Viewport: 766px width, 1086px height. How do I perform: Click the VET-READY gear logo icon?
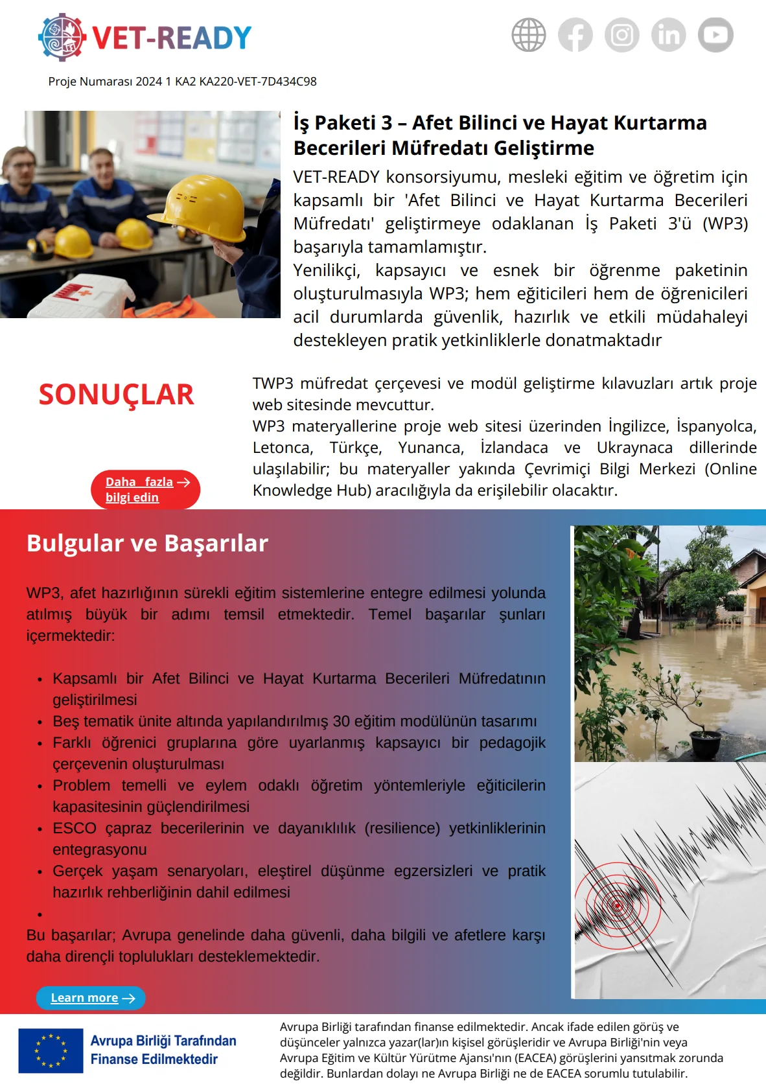pos(62,37)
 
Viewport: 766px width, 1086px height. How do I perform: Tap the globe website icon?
pos(529,34)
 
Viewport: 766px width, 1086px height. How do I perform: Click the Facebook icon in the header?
pos(575,34)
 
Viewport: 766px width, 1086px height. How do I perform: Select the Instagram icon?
pos(622,34)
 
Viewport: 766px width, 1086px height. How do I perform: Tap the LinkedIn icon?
pos(669,34)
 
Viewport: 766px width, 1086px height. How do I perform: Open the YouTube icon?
pos(715,34)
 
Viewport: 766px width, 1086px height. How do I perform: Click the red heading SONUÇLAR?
pos(116,395)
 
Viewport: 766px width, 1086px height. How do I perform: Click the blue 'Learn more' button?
pos(90,998)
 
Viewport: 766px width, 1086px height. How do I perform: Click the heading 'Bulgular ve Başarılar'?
pos(147,543)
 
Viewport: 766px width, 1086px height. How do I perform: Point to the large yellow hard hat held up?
pos(205,207)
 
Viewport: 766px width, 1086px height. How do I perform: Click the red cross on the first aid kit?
pos(84,294)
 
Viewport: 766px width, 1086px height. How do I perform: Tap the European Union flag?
pos(51,1050)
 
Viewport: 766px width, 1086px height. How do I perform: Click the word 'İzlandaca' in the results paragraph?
pos(514,448)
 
